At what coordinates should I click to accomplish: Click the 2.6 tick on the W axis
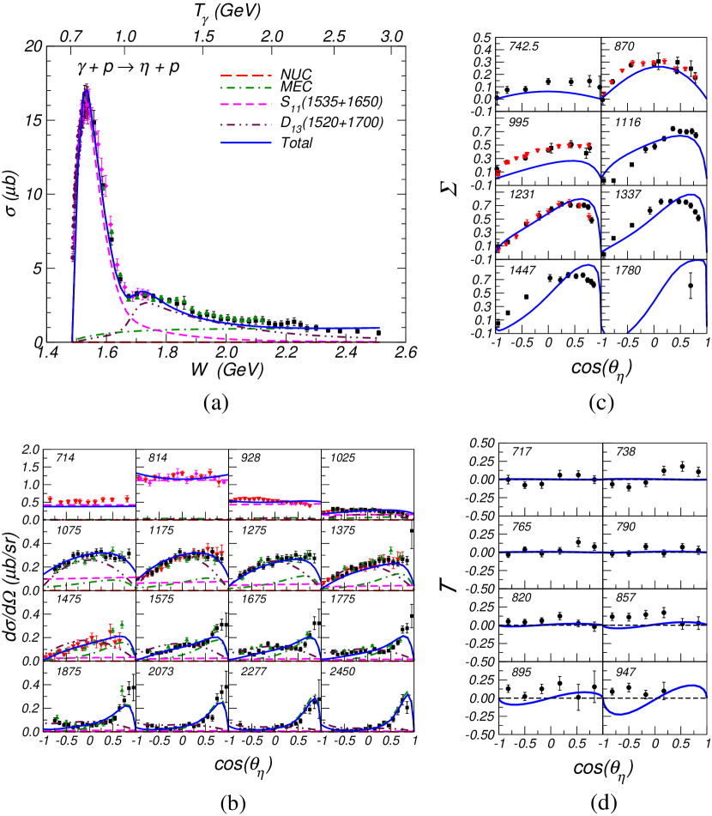coord(407,352)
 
